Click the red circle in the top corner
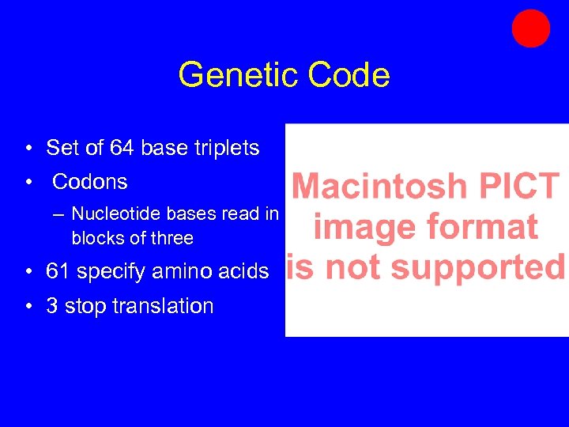[530, 28]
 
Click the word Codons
[89, 182]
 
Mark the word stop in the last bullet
[84, 307]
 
